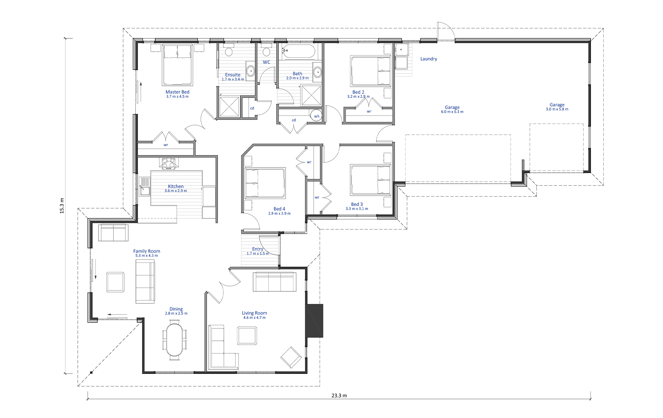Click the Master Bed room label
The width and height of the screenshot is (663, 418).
(177, 92)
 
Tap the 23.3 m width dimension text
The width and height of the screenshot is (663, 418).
(339, 396)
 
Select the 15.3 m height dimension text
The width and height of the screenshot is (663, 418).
(62, 206)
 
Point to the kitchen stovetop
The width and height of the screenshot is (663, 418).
(169, 164)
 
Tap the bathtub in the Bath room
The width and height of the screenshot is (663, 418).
(298, 51)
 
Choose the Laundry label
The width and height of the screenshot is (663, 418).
(428, 59)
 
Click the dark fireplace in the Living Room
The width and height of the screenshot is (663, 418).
(314, 321)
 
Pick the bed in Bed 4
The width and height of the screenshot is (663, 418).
(265, 183)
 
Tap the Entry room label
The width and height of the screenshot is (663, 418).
(257, 249)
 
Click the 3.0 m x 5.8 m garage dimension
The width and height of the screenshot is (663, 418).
(557, 109)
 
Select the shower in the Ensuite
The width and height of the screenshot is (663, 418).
(229, 106)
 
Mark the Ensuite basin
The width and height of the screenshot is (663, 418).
(251, 71)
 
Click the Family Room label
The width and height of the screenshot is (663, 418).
(146, 251)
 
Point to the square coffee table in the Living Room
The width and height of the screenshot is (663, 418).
(247, 336)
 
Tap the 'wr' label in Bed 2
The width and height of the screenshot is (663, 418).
(369, 112)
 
